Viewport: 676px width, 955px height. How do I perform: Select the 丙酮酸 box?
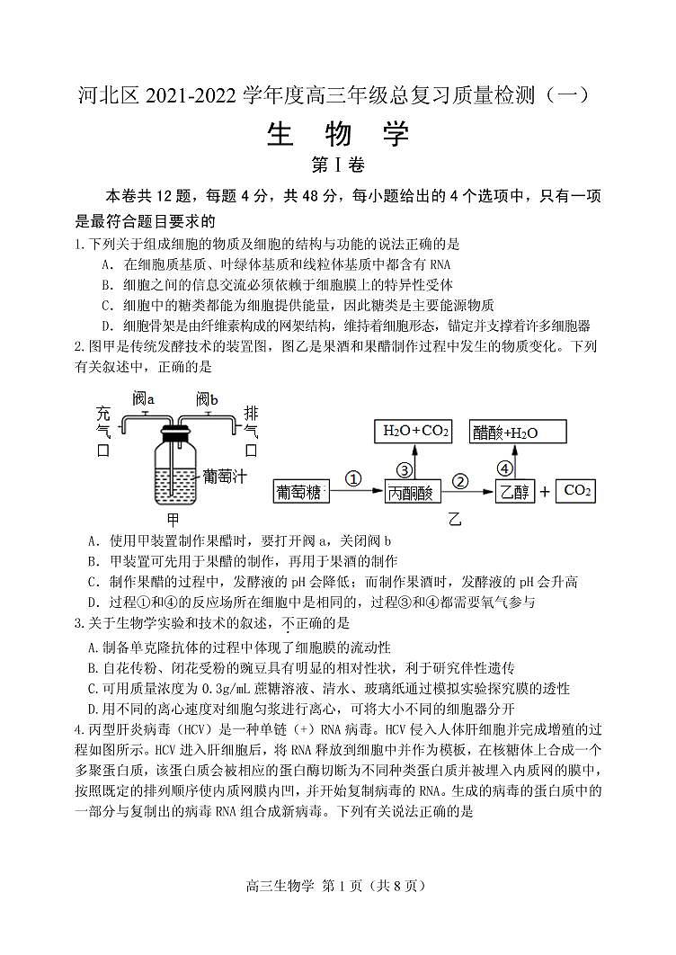click(x=409, y=492)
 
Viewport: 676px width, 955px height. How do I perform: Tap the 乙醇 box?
click(x=514, y=492)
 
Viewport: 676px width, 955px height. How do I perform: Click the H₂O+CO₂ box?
click(x=416, y=432)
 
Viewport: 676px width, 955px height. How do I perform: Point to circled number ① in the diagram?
click(x=353, y=479)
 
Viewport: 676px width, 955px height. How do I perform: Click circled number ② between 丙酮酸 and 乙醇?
click(x=461, y=479)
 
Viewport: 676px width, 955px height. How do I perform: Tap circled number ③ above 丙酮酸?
click(x=405, y=469)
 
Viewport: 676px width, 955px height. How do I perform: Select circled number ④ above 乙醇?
click(x=505, y=469)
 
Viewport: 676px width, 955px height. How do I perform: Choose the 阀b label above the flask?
click(x=208, y=397)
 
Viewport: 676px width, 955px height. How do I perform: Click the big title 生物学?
click(x=338, y=135)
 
